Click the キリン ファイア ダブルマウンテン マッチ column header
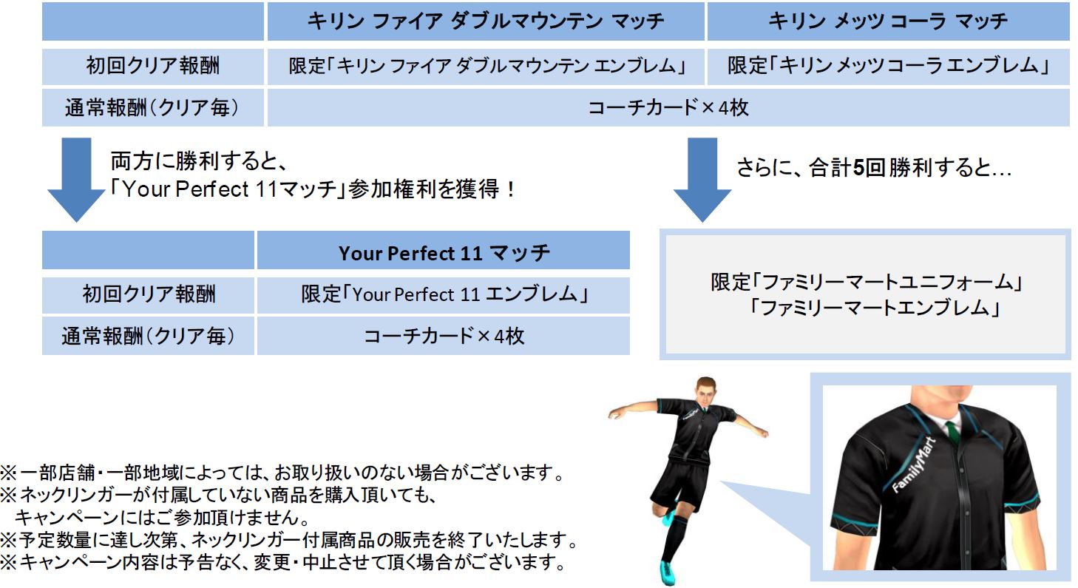[486, 21]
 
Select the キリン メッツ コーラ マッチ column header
[888, 21]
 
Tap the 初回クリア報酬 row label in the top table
[152, 66]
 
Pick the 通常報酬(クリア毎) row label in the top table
[152, 107]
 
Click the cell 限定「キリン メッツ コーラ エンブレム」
[888, 66]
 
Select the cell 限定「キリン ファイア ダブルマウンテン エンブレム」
[486, 66]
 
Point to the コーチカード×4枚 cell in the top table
[668, 107]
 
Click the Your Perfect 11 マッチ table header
[443, 251]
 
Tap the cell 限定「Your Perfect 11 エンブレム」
[443, 294]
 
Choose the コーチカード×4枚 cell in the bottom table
[443, 336]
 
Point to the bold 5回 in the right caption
[869, 168]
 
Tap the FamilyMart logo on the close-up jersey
[914, 465]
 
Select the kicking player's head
[705, 391]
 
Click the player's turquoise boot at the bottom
[668, 572]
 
